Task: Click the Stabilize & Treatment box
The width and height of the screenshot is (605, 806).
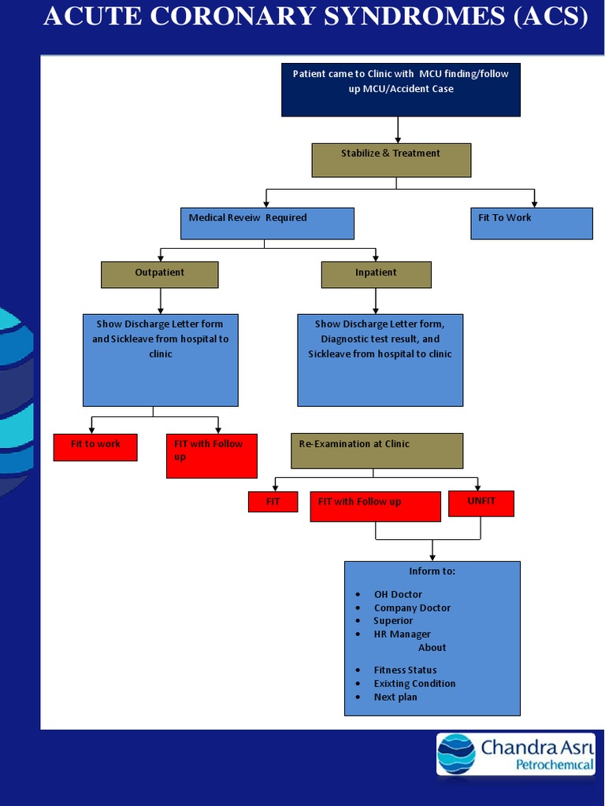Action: (391, 160)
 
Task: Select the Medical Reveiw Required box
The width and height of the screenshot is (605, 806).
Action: (267, 223)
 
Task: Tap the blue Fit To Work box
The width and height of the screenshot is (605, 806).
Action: (531, 223)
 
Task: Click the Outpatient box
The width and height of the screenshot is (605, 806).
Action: (159, 274)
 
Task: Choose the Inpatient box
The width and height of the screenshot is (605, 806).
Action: (376, 274)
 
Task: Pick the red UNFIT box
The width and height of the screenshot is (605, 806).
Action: (481, 503)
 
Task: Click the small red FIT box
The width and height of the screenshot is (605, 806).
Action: (273, 501)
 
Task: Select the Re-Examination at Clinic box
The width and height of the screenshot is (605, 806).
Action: (377, 450)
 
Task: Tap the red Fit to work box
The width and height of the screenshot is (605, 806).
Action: (95, 446)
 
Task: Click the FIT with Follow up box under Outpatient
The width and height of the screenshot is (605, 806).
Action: (211, 455)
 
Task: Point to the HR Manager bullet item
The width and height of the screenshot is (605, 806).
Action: (402, 634)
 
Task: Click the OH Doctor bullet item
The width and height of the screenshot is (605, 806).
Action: (398, 594)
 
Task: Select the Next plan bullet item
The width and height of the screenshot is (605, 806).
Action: (395, 697)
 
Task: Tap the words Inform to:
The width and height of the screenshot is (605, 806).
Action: (432, 571)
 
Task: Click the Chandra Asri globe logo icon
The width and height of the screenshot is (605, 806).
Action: (457, 753)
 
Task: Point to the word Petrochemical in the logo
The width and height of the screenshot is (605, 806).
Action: (554, 765)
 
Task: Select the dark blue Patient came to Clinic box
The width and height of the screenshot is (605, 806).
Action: (400, 90)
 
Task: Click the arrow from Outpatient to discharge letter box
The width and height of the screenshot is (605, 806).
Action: (160, 301)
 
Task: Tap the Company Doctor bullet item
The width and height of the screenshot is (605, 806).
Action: (412, 608)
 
